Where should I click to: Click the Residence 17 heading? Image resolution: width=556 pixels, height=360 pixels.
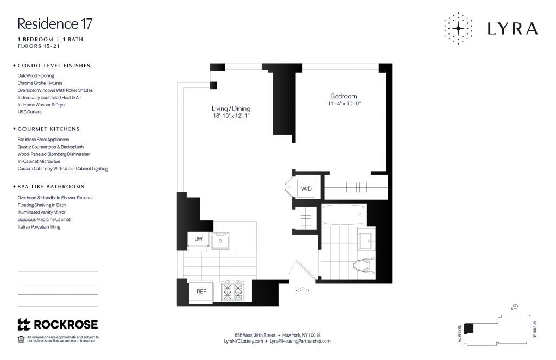(55, 24)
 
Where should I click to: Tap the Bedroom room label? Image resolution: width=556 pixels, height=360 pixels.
(344, 96)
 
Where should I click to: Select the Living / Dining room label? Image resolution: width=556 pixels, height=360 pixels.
(231, 109)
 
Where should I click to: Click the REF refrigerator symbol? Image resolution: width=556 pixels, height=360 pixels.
(201, 292)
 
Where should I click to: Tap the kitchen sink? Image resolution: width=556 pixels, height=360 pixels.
(222, 239)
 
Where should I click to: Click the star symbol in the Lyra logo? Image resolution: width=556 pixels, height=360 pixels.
(458, 28)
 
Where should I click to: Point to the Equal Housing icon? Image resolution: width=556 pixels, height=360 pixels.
(21, 339)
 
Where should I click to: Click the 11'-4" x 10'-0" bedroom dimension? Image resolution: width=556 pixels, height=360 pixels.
(344, 104)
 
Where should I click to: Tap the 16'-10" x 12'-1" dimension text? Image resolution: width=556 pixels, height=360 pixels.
(231, 116)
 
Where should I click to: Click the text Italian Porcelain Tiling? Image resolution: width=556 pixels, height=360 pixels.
(39, 227)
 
